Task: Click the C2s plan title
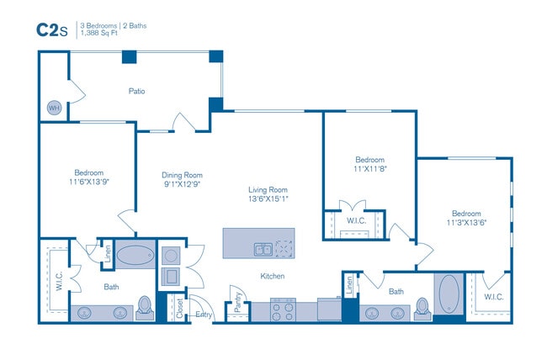click(50, 29)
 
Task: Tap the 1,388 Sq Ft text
click(102, 34)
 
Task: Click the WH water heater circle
click(54, 108)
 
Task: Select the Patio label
click(138, 91)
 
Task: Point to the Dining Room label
click(181, 176)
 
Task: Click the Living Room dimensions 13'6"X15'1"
click(268, 199)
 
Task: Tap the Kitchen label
click(272, 276)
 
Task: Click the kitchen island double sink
click(263, 249)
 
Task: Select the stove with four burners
click(283, 310)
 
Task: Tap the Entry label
click(204, 315)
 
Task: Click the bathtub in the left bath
click(134, 255)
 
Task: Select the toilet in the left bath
click(144, 308)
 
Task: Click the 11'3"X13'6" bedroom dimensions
click(466, 223)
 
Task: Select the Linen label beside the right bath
click(349, 286)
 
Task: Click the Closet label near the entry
click(178, 308)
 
